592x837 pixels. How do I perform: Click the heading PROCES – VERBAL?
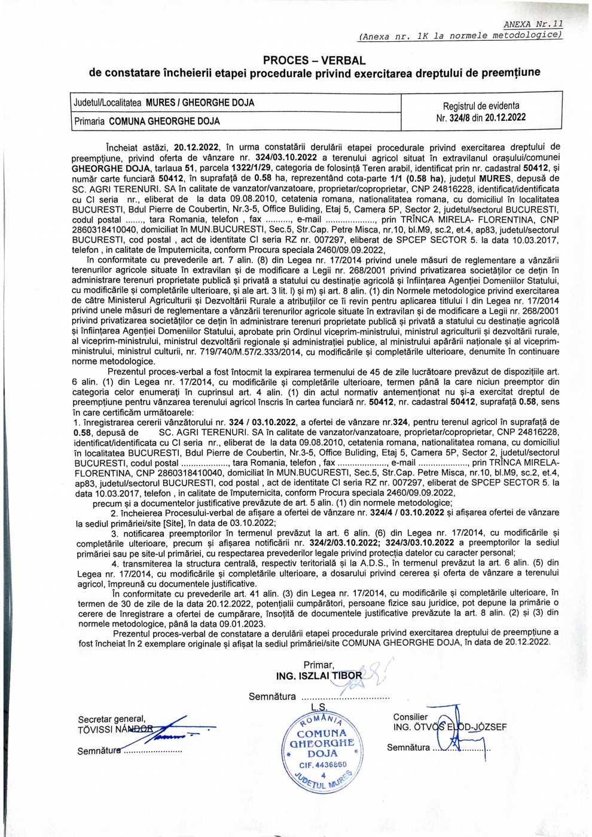314,60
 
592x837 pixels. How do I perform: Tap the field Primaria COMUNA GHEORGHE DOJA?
147,121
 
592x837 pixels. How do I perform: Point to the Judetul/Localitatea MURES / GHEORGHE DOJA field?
163,102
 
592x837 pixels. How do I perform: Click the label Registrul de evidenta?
481,106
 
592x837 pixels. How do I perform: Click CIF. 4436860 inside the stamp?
323,765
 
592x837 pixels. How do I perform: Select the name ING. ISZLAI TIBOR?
316,676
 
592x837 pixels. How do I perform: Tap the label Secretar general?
111,719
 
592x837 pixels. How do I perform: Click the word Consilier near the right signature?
410,717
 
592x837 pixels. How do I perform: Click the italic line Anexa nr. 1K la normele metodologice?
460,35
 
